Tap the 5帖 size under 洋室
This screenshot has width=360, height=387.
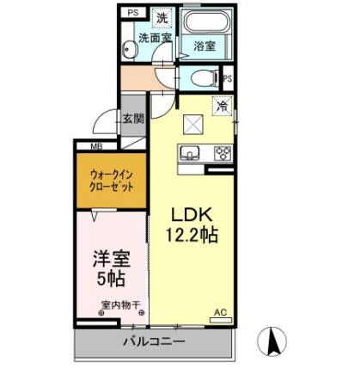click(x=111, y=279)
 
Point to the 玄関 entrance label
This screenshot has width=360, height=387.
click(x=132, y=119)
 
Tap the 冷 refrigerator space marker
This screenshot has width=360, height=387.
click(x=222, y=107)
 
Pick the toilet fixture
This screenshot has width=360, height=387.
click(x=205, y=78)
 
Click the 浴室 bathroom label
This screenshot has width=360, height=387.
click(x=204, y=45)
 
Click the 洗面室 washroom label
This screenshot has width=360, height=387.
click(x=156, y=38)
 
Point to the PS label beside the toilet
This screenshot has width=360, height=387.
click(x=228, y=79)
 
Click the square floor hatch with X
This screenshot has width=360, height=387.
click(x=192, y=124)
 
